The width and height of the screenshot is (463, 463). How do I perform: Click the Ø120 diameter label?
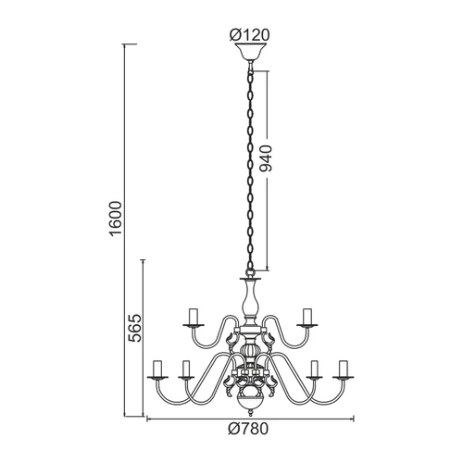pyautogui.click(x=249, y=35)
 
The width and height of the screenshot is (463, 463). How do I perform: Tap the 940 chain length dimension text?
pyautogui.click(x=266, y=158)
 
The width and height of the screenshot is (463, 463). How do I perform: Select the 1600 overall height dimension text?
pyautogui.click(x=116, y=219)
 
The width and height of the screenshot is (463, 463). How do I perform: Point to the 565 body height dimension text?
pyautogui.click(x=134, y=328)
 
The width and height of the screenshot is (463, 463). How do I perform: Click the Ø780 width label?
pyautogui.click(x=248, y=429)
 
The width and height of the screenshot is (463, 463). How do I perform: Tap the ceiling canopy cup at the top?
pyautogui.click(x=250, y=52)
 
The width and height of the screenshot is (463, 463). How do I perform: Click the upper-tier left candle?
pyautogui.click(x=194, y=317)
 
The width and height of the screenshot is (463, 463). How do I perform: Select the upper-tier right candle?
pyautogui.click(x=307, y=317)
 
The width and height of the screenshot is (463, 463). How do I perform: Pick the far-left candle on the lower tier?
pyautogui.click(x=157, y=369)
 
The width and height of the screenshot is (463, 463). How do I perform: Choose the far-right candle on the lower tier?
pyautogui.click(x=343, y=369)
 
